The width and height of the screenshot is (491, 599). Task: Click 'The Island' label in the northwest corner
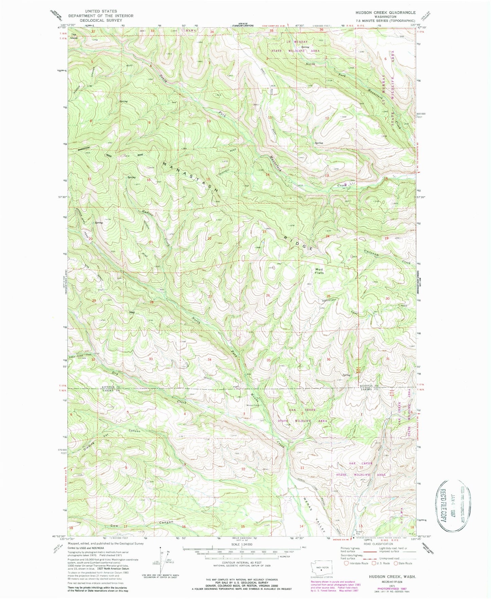(74, 36)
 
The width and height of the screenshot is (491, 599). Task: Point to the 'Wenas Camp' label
(253, 405)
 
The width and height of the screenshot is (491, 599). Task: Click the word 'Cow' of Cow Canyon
(114, 526)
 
